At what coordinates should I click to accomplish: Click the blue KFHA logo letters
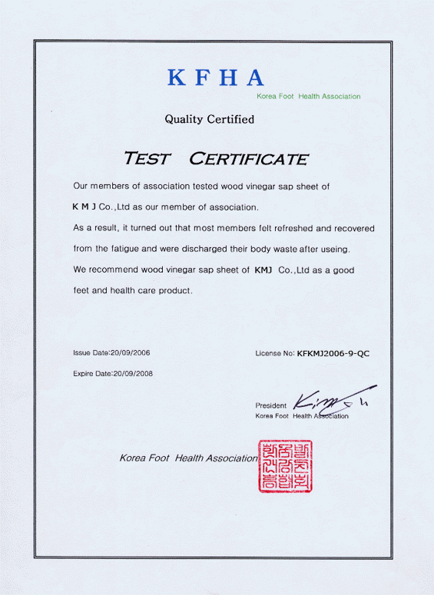point(216,78)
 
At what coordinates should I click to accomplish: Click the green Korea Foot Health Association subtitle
point(308,97)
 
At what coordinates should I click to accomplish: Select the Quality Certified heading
point(209,119)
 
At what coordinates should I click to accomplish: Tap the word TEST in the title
point(149,160)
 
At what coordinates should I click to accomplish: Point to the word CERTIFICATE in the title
point(248,160)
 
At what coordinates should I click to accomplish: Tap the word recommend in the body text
point(111,270)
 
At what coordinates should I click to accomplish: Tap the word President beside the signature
point(270,405)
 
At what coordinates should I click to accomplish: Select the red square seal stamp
point(286,466)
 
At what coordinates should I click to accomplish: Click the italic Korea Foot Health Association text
point(189,458)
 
